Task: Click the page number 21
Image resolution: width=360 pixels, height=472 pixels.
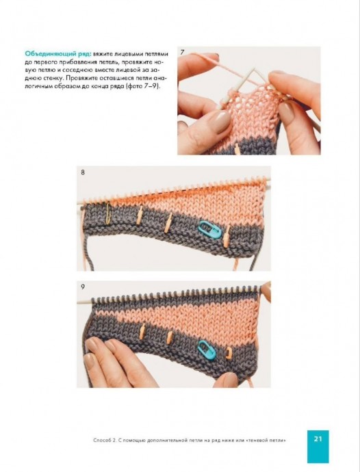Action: click(x=318, y=438)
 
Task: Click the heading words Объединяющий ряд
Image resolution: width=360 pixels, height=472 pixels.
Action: click(x=58, y=54)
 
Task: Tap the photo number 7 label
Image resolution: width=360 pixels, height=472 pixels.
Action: click(x=182, y=53)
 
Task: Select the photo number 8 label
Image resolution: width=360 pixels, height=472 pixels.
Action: click(x=83, y=172)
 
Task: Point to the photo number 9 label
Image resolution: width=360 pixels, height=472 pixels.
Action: click(x=83, y=287)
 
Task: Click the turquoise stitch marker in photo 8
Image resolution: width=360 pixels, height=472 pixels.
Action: click(x=210, y=230)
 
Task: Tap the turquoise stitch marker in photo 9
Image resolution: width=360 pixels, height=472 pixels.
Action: click(x=207, y=350)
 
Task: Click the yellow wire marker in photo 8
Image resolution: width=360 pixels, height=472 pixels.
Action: click(x=108, y=213)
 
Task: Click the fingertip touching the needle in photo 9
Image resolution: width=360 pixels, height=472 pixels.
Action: click(x=266, y=291)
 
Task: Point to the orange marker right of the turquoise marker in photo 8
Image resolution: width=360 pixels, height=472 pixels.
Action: click(x=227, y=237)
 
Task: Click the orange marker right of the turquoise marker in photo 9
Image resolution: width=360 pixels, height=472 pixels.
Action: click(x=229, y=353)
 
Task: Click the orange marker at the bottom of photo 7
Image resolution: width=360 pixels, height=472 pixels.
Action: click(x=237, y=149)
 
